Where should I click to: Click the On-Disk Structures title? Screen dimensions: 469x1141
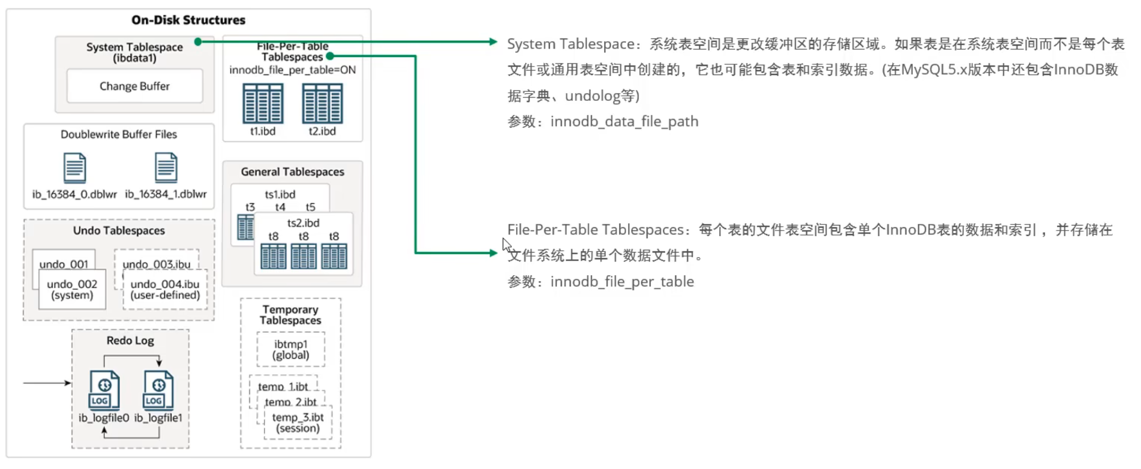point(188,20)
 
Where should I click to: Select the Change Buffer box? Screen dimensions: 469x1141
point(134,86)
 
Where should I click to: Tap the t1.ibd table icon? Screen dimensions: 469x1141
point(263,103)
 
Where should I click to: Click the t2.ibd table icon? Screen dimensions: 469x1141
point(322,103)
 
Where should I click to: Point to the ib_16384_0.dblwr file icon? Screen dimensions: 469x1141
point(74,167)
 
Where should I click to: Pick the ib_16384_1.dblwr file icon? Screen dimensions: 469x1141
point(166,167)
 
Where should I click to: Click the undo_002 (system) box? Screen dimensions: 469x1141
point(72,290)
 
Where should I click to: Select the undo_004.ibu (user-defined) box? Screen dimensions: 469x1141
point(165,290)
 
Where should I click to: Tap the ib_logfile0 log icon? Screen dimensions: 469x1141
point(104,390)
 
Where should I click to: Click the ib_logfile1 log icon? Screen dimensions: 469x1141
point(158,390)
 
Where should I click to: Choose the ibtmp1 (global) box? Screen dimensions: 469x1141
point(290,349)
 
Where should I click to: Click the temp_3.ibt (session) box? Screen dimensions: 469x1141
point(298,423)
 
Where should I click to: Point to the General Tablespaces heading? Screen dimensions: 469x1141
point(292,172)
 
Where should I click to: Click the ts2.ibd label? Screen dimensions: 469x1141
point(303,223)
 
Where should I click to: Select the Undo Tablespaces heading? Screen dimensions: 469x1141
point(119,231)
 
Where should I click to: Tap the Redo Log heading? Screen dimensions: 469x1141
point(130,340)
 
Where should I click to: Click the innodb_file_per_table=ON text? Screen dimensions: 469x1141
point(292,70)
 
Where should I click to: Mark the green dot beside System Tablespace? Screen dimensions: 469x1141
point(198,42)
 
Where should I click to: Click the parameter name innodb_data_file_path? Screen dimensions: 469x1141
point(624,122)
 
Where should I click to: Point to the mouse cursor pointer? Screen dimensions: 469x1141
point(506,245)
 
